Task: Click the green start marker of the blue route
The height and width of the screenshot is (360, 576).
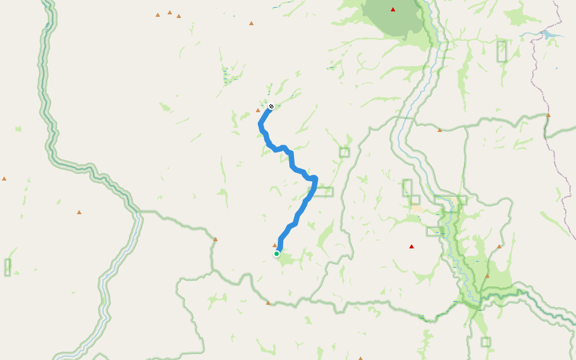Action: (x=277, y=254)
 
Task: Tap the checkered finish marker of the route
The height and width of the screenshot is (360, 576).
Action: (x=271, y=106)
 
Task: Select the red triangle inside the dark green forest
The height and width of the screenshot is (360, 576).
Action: (x=393, y=10)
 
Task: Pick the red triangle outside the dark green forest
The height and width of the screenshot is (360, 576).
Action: (x=412, y=247)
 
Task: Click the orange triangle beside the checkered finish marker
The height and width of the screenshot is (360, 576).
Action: (x=258, y=110)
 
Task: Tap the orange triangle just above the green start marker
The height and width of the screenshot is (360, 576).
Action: (x=275, y=245)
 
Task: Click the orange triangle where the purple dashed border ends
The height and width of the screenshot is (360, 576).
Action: (x=548, y=115)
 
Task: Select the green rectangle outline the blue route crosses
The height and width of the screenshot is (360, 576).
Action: (x=320, y=192)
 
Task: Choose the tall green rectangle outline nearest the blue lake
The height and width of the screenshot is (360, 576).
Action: (x=502, y=51)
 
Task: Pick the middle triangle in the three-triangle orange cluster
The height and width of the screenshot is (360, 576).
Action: (x=170, y=12)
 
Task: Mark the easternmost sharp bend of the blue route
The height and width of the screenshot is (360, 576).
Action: (x=314, y=178)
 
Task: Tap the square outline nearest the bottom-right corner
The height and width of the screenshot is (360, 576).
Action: (x=485, y=342)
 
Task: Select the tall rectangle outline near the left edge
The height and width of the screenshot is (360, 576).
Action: (x=8, y=267)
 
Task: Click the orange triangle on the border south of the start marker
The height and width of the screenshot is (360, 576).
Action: (x=268, y=303)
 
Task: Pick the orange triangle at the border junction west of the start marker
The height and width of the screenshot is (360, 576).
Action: (x=215, y=239)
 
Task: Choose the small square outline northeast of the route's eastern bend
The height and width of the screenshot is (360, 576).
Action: (x=344, y=152)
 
